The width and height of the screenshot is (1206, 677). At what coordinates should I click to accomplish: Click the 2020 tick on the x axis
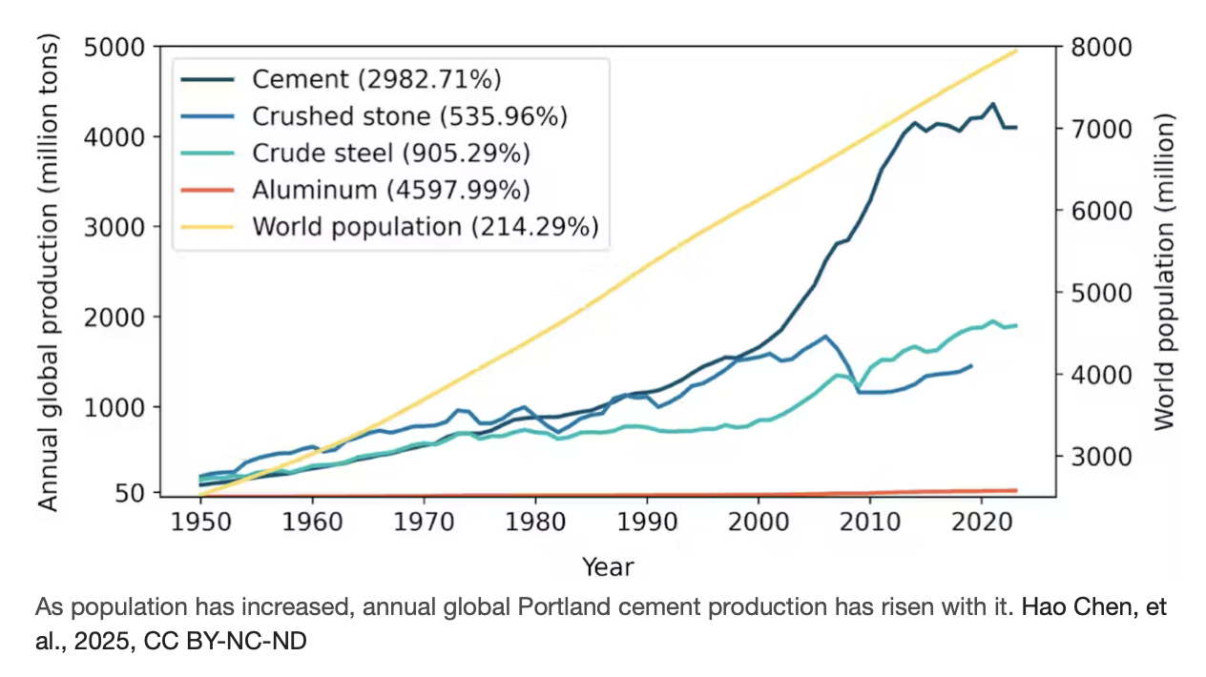click(x=982, y=523)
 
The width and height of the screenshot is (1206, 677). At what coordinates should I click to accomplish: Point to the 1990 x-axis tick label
click(x=647, y=523)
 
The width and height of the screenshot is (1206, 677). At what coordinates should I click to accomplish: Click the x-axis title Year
click(x=608, y=567)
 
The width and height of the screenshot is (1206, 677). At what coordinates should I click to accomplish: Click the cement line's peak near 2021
click(x=993, y=104)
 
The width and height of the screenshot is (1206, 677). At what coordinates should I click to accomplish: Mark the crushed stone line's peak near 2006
click(x=825, y=337)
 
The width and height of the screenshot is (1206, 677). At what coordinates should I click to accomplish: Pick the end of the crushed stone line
click(x=971, y=365)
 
